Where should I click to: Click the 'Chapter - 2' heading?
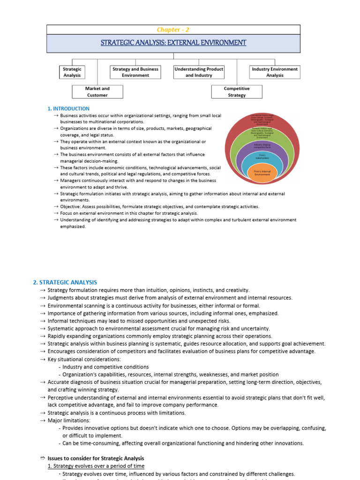pyautogui.click(x=173, y=30)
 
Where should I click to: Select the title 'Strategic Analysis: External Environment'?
pyautogui.click(x=173, y=43)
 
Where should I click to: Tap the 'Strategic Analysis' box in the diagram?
pyautogui.click(x=72, y=72)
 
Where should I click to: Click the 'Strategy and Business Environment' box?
pyautogui.click(x=135, y=72)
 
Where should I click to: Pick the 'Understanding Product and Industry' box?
pyautogui.click(x=199, y=72)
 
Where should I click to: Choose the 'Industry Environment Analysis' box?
pyautogui.click(x=275, y=72)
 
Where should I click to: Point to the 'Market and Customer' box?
pyautogui.click(x=97, y=92)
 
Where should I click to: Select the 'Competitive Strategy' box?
pyautogui.click(x=237, y=92)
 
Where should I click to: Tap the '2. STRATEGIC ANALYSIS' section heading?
pyautogui.click(x=65, y=282)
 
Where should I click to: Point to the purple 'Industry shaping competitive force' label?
pyautogui.click(x=262, y=146)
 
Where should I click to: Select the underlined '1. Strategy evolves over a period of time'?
pyautogui.click(x=96, y=466)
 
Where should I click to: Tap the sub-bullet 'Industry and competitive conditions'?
pyautogui.click(x=105, y=367)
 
